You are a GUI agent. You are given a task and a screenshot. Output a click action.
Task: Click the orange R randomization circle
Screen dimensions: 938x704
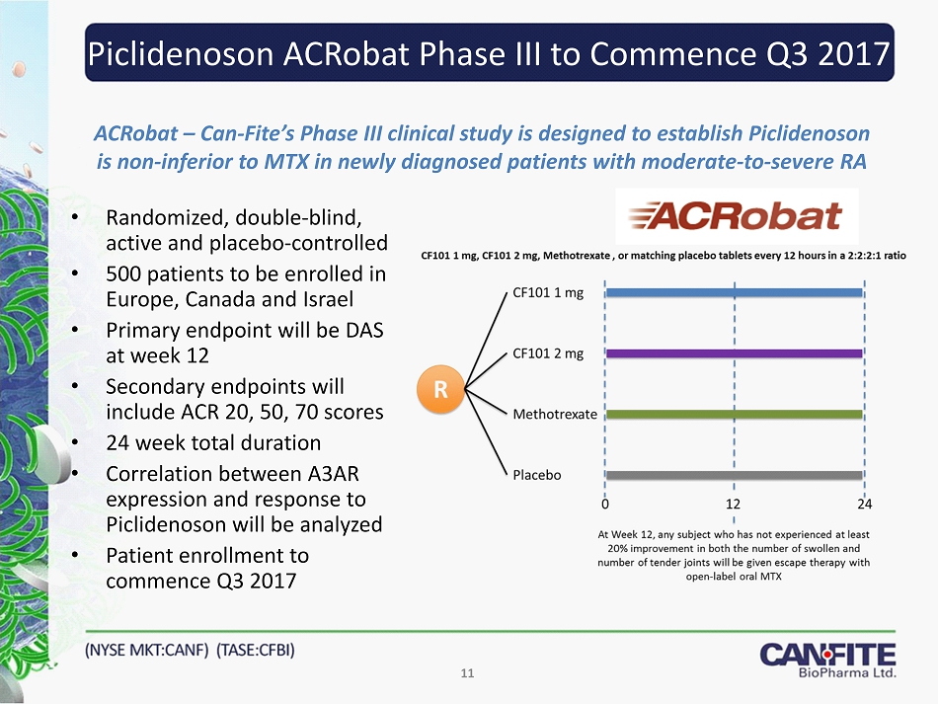tap(441, 390)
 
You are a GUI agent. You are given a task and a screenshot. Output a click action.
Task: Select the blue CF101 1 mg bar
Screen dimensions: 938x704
tap(734, 293)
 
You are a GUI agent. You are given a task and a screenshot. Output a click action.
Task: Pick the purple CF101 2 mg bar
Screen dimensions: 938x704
tap(734, 353)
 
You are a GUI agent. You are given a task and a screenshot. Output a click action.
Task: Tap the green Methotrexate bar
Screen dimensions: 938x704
tap(734, 414)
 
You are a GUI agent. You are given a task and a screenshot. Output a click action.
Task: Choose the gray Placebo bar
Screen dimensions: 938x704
tap(734, 476)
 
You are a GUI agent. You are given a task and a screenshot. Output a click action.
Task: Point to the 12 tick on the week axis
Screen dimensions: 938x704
tap(734, 505)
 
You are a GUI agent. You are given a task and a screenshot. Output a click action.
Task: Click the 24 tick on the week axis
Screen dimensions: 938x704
tap(864, 505)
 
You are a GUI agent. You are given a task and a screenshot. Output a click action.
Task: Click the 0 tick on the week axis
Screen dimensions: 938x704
tap(605, 505)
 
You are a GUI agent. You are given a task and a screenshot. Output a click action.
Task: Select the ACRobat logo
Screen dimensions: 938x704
tap(737, 216)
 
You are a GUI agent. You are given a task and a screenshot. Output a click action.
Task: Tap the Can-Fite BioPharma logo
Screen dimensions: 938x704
tap(828, 661)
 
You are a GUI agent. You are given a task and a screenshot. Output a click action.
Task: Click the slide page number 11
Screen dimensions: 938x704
tap(467, 673)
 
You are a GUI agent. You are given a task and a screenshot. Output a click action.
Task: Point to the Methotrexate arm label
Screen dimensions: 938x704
tap(555, 414)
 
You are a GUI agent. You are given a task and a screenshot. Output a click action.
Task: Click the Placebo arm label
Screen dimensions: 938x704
tap(537, 475)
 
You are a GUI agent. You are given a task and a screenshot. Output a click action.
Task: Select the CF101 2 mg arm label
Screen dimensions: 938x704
tap(548, 353)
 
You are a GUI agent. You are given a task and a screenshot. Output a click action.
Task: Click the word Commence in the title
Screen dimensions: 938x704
tap(673, 54)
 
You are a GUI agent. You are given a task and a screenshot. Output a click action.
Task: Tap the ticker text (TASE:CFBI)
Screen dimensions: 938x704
tap(256, 650)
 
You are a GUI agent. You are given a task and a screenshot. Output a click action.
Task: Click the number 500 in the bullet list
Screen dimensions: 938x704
tap(123, 274)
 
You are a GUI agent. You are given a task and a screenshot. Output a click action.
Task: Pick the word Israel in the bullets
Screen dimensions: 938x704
tap(329, 299)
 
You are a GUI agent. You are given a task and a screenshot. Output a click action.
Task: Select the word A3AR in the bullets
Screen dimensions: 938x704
tap(333, 474)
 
